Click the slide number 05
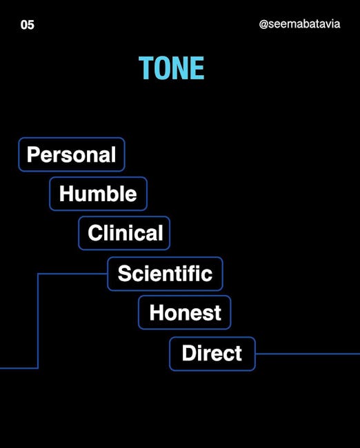point(28,25)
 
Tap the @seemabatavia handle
point(299,24)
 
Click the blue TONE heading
point(172,68)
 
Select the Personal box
point(72,154)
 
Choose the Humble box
point(98,194)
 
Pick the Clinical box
point(124,233)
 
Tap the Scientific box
point(166,274)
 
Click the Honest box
point(185,312)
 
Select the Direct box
point(212,354)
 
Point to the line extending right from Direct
point(308,354)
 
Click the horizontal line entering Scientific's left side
point(72,274)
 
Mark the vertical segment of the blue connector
point(38,321)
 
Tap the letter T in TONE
point(146,68)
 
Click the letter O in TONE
point(163,68)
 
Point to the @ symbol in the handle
point(263,24)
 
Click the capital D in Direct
point(189,353)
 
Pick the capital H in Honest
point(157,312)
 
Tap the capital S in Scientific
point(125,273)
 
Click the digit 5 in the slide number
point(31,25)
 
